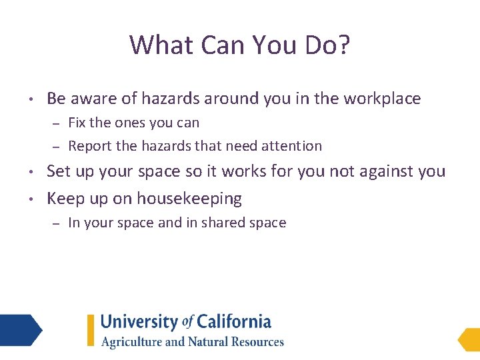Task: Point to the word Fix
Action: (77, 123)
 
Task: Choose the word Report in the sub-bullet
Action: (89, 145)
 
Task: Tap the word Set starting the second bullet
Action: (59, 171)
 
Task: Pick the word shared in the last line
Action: (225, 223)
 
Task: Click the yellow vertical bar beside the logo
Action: (91, 331)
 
